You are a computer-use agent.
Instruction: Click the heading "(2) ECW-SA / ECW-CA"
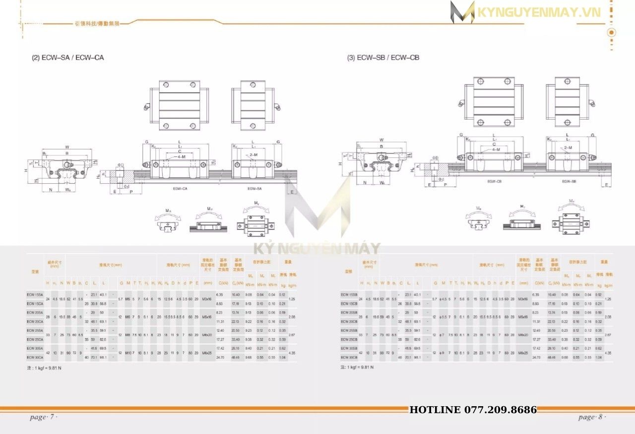(67, 58)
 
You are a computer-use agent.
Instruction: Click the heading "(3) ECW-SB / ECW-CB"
(382, 58)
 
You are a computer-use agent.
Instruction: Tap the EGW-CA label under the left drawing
(180, 189)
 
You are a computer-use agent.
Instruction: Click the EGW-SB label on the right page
(569, 182)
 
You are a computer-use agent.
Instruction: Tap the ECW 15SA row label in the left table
(35, 294)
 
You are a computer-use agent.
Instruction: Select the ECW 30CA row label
(35, 357)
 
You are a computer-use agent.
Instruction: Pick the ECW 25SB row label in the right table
(349, 330)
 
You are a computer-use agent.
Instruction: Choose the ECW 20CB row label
(349, 321)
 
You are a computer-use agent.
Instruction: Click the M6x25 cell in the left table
(207, 353)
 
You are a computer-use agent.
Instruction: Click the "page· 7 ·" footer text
(44, 417)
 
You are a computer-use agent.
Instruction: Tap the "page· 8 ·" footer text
(592, 417)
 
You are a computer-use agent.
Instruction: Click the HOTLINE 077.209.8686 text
(473, 410)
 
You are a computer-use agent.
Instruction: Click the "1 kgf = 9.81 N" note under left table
(44, 368)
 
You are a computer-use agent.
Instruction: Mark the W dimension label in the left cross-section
(66, 147)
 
